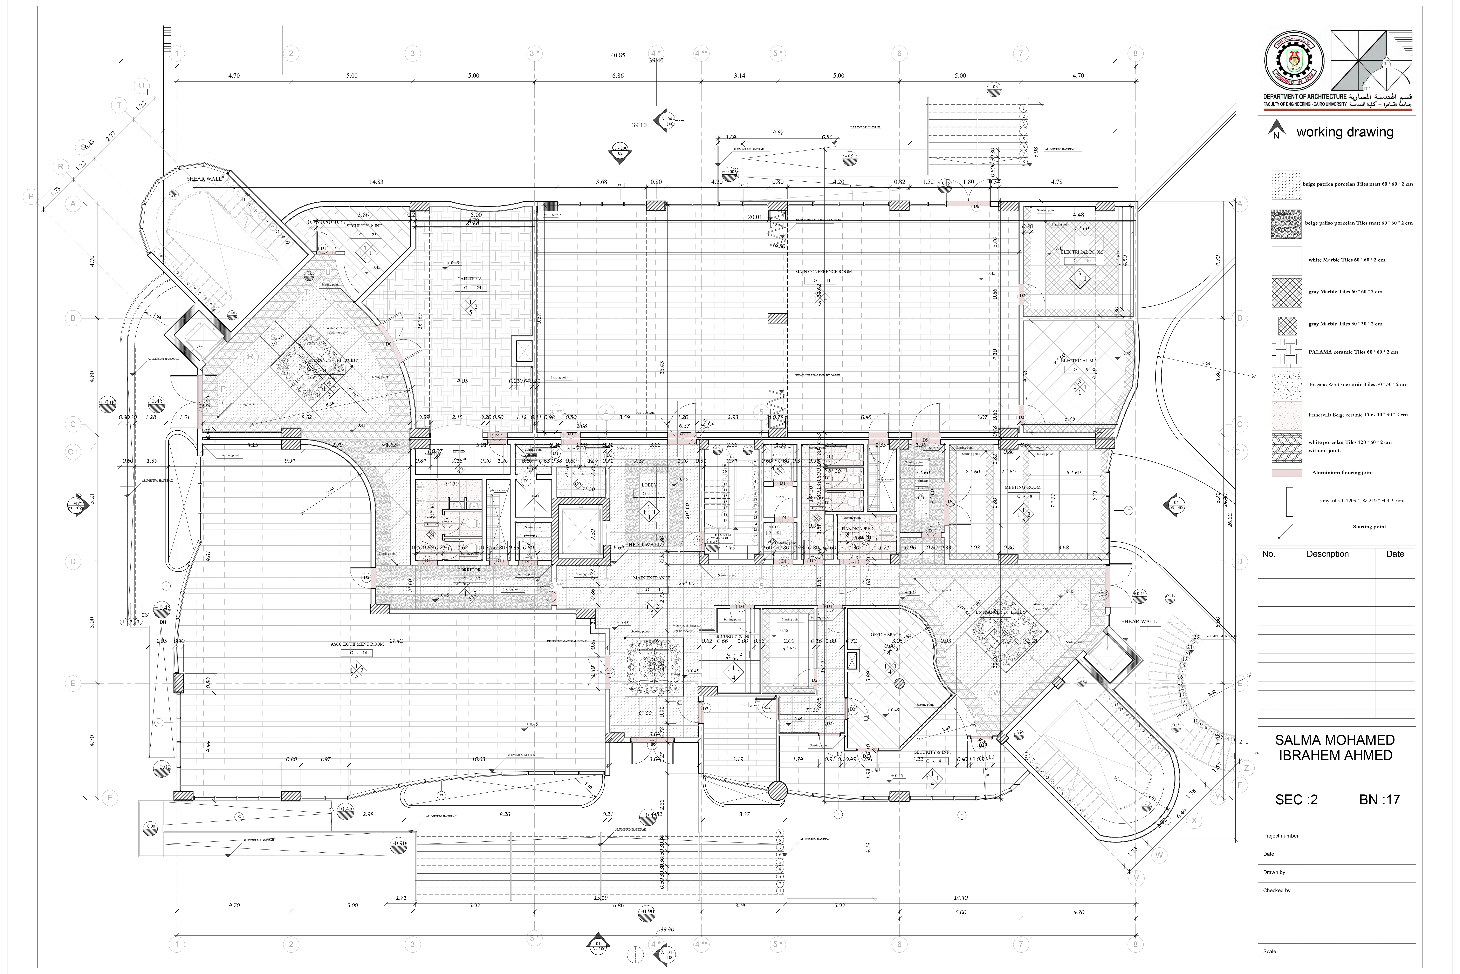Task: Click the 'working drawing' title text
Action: [1345, 132]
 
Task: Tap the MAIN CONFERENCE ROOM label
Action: [823, 271]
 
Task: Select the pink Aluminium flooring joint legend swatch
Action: [1287, 473]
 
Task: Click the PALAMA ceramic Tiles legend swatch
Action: [1287, 353]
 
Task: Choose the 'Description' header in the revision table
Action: [1327, 554]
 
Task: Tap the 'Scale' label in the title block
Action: [1269, 951]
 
